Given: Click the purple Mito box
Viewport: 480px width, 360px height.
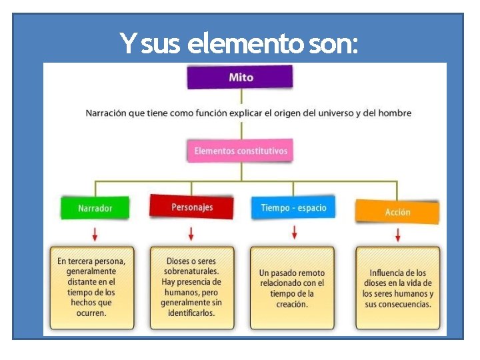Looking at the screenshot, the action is pyautogui.click(x=240, y=77).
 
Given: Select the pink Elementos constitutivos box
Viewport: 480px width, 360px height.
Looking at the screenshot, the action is pyautogui.click(x=241, y=151).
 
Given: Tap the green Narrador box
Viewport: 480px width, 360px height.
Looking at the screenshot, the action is pyautogui.click(x=96, y=208).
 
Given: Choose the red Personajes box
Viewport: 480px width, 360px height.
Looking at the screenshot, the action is pyautogui.click(x=191, y=207).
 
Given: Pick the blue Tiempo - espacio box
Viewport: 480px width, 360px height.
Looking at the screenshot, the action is pyautogui.click(x=293, y=207).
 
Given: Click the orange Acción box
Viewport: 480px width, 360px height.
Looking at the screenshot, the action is pyautogui.click(x=397, y=212).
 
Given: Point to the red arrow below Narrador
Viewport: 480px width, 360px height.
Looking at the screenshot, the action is pyautogui.click(x=95, y=233).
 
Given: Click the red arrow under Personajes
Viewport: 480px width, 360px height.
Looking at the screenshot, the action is pyautogui.click(x=191, y=233).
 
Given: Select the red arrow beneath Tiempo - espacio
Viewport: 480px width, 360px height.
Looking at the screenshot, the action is pyautogui.click(x=294, y=232).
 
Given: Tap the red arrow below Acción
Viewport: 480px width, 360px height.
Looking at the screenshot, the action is pyautogui.click(x=398, y=235).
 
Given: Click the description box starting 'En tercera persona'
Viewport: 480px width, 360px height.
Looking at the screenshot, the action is pyautogui.click(x=91, y=287).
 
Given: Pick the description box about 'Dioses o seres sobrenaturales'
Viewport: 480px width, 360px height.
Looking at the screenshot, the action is pyautogui.click(x=191, y=287).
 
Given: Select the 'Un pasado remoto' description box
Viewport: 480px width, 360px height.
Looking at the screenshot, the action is pyautogui.click(x=292, y=287).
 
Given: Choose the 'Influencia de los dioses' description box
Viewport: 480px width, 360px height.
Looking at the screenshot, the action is pyautogui.click(x=398, y=287).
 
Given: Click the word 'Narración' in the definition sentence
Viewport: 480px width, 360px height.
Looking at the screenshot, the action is pyautogui.click(x=105, y=113).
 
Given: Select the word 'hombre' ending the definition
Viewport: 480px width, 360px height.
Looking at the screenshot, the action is pyautogui.click(x=395, y=113).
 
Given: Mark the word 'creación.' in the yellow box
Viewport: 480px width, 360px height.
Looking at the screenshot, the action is pyautogui.click(x=292, y=305).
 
